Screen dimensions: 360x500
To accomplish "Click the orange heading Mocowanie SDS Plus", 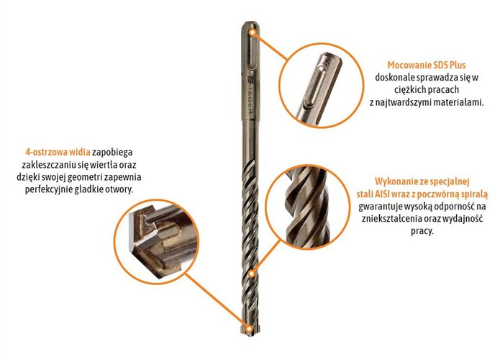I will pyautogui.click(x=424, y=64).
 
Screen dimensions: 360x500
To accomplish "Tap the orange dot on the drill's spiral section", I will pyautogui.click(x=251, y=274).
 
